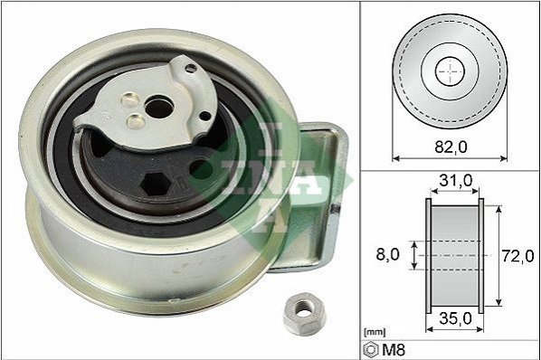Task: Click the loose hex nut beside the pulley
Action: point(304,314)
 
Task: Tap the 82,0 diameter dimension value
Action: point(451,147)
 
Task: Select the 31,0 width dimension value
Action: point(455,180)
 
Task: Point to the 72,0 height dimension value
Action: point(517,256)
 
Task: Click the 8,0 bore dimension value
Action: point(388,254)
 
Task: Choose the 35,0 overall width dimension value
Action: point(455,318)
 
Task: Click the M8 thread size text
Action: point(394,350)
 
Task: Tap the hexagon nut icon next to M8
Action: point(371,350)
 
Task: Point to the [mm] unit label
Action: point(375,333)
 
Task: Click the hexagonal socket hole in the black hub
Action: point(157,184)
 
